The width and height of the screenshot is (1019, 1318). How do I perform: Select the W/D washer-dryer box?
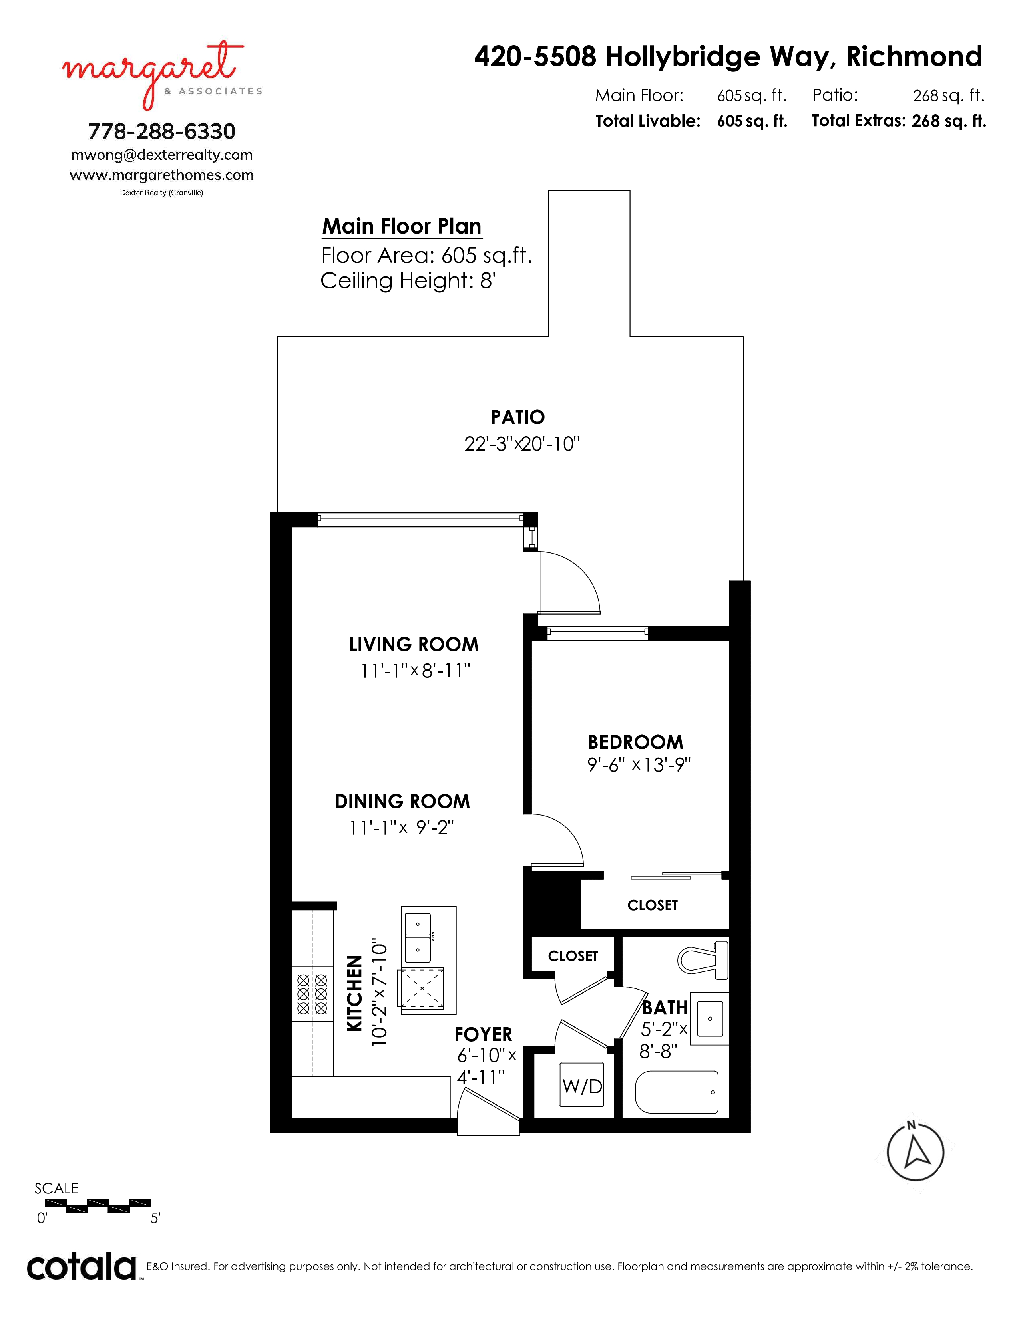(x=582, y=1085)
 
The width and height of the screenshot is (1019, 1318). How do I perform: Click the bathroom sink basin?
(x=710, y=1019)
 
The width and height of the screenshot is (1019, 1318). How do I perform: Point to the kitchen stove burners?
(x=312, y=994)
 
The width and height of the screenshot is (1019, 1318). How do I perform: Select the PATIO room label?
(x=517, y=417)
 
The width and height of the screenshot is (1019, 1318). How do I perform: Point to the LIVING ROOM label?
(x=414, y=645)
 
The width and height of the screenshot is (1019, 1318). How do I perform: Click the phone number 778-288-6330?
(x=162, y=131)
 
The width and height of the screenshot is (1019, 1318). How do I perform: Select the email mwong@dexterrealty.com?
(x=162, y=155)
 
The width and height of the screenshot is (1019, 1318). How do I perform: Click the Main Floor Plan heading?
(x=402, y=226)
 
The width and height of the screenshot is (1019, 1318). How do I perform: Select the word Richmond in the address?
(x=914, y=56)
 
